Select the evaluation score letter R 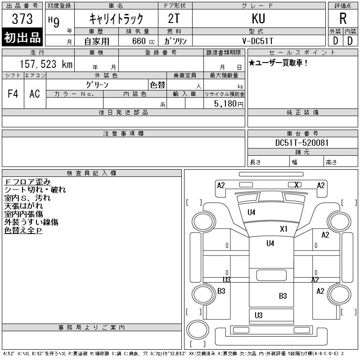click(343, 18)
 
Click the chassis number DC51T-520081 click(302, 143)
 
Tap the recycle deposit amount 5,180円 click(229, 103)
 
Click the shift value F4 click(13, 94)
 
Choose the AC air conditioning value click(35, 94)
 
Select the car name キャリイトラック click(116, 19)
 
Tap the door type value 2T click(175, 18)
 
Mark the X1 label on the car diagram click(283, 229)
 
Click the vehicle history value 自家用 click(97, 41)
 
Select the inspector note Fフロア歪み click(27, 182)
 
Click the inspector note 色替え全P click(23, 230)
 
